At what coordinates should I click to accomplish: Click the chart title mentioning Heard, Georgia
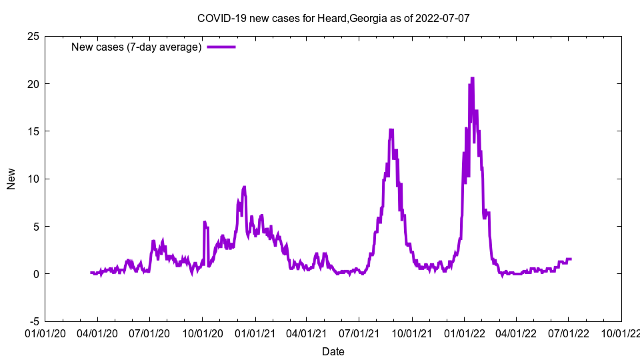(333, 18)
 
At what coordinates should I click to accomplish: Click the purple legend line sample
(221, 47)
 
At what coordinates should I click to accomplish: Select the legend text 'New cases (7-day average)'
(137, 47)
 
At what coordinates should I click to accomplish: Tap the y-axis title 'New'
(11, 179)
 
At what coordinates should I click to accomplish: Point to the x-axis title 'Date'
(333, 351)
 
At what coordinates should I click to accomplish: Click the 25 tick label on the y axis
(32, 36)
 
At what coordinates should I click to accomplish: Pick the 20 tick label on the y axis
(32, 83)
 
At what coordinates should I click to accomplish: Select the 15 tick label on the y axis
(32, 131)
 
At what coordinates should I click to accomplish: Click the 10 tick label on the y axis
(32, 179)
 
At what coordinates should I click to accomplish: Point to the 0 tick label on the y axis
(35, 274)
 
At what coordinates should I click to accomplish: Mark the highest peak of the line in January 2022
(472, 78)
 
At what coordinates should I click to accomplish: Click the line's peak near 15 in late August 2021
(391, 129)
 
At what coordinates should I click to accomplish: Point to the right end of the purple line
(571, 259)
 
